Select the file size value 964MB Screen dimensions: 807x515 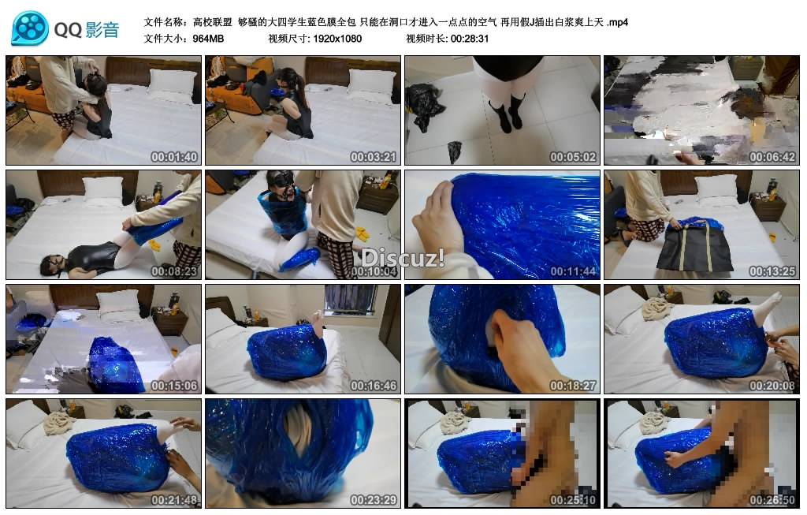(208, 39)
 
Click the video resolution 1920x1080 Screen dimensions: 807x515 (337, 39)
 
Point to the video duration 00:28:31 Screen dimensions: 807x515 (470, 39)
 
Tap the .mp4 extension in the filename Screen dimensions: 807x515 (617, 22)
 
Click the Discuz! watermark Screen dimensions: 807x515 (403, 257)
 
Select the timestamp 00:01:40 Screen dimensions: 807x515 (174, 157)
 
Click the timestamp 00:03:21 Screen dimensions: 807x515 (373, 157)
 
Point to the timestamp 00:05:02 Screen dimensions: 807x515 (573, 157)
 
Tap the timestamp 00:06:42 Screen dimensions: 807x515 (772, 157)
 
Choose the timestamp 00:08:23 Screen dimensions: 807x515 (174, 271)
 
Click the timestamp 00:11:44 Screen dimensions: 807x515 (573, 271)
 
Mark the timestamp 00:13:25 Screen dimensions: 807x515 (772, 271)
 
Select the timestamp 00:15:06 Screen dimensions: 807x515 (174, 385)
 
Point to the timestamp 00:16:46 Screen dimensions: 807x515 (373, 385)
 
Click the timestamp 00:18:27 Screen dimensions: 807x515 (573, 385)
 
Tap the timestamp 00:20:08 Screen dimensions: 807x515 (772, 385)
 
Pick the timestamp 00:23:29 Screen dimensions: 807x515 (373, 499)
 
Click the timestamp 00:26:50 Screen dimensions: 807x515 (772, 499)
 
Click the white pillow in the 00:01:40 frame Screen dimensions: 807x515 (173, 81)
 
